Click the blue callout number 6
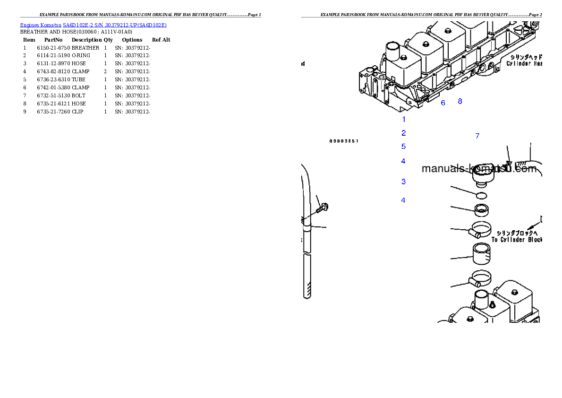[443, 103]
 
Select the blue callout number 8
[460, 101]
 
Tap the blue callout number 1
[404, 120]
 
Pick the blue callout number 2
[404, 133]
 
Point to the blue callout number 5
[404, 147]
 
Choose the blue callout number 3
[404, 182]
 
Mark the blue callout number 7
[477, 136]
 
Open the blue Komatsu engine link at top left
[93, 25]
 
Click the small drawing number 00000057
[344, 141]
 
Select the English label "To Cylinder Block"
[517, 240]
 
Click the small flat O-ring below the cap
[481, 195]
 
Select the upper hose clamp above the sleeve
[482, 231]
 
